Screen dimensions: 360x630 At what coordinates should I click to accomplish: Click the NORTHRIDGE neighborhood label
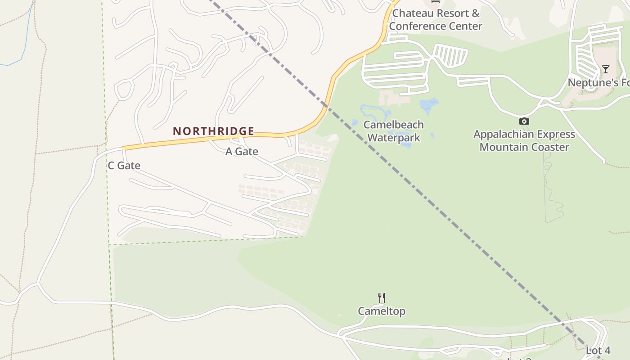pyautogui.click(x=214, y=131)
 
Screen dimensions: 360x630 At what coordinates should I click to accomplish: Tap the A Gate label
pyautogui.click(x=242, y=152)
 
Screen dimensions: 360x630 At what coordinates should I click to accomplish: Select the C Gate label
pyautogui.click(x=124, y=166)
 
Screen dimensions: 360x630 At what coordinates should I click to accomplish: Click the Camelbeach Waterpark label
pyautogui.click(x=394, y=131)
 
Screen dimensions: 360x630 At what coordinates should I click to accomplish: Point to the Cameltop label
pyautogui.click(x=382, y=311)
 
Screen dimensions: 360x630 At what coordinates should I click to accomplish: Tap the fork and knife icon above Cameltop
pyautogui.click(x=382, y=297)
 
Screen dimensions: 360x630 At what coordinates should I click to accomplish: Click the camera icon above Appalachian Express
pyautogui.click(x=524, y=121)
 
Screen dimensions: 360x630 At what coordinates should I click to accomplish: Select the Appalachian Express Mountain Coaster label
pyautogui.click(x=524, y=140)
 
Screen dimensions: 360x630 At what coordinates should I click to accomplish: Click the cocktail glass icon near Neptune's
pyautogui.click(x=606, y=69)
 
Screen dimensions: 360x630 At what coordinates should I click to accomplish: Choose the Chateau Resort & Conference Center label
pyautogui.click(x=436, y=20)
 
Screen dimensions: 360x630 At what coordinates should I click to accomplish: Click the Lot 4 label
pyautogui.click(x=598, y=350)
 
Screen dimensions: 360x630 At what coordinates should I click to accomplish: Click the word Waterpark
pyautogui.click(x=394, y=138)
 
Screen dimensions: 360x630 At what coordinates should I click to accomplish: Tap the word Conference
pyautogui.click(x=423, y=26)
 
